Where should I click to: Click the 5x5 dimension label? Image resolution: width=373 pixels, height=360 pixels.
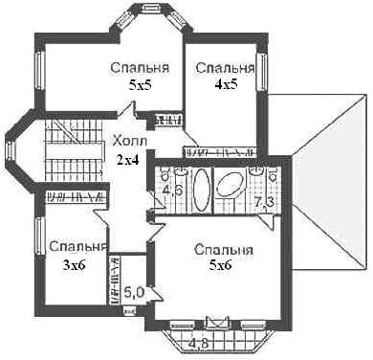pyautogui.click(x=140, y=85)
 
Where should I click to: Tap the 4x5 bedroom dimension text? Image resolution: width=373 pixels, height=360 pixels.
pyautogui.click(x=226, y=84)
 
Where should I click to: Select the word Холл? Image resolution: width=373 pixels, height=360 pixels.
pyautogui.click(x=130, y=141)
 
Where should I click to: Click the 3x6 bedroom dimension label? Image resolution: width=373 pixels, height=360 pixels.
pyautogui.click(x=74, y=265)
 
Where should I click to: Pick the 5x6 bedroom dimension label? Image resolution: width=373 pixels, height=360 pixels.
pyautogui.click(x=220, y=265)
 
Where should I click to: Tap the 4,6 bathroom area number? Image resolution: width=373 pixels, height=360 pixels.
pyautogui.click(x=172, y=191)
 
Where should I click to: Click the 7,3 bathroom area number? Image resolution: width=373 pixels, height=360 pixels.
pyautogui.click(x=265, y=202)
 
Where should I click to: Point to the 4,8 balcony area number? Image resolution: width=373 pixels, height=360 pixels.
pyautogui.click(x=198, y=344)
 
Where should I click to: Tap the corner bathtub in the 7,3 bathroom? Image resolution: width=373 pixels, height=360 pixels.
pyautogui.click(x=230, y=184)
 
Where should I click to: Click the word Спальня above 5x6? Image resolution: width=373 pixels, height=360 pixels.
pyautogui.click(x=224, y=250)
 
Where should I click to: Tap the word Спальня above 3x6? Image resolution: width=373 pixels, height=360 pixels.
pyautogui.click(x=77, y=247)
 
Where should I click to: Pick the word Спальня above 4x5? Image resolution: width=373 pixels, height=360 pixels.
pyautogui.click(x=226, y=68)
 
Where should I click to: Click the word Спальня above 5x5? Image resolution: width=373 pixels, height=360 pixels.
pyautogui.click(x=140, y=68)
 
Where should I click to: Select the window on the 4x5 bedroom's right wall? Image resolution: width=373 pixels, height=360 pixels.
pyautogui.click(x=262, y=72)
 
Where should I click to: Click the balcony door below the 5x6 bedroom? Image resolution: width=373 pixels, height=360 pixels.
pyautogui.click(x=218, y=322)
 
